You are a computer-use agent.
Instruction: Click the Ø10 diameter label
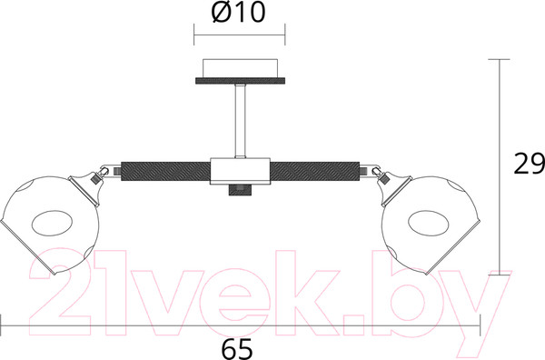click(x=238, y=12)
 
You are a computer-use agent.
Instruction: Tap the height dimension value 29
click(x=529, y=164)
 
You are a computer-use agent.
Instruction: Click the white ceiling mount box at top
click(x=240, y=68)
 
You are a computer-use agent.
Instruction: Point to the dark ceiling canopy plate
click(x=240, y=81)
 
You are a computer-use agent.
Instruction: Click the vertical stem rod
click(x=240, y=121)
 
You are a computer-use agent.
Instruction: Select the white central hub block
click(x=240, y=171)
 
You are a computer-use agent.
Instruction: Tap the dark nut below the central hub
click(x=240, y=190)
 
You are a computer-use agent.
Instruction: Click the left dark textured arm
click(x=166, y=171)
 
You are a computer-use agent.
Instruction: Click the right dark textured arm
click(x=315, y=171)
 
